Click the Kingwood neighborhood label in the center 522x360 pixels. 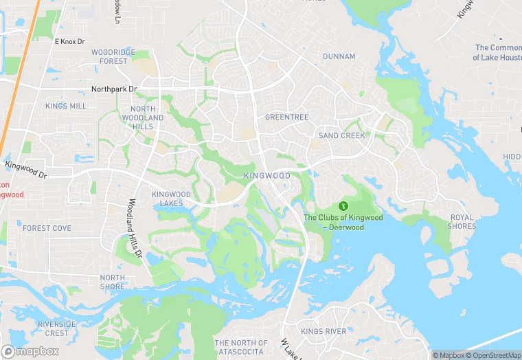[x=267, y=177]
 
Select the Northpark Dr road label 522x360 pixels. [x=114, y=89]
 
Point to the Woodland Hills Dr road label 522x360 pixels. [x=135, y=229]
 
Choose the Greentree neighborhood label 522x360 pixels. [x=286, y=117]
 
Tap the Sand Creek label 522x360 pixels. [x=341, y=136]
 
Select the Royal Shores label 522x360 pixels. [x=462, y=222]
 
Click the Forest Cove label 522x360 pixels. [x=47, y=228]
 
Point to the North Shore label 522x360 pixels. [x=113, y=282]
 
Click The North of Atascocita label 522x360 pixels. [x=240, y=347]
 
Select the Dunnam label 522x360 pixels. [x=339, y=56]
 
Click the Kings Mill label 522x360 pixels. [x=66, y=106]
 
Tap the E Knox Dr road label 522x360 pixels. [x=69, y=42]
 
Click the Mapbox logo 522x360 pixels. [x=30, y=351]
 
